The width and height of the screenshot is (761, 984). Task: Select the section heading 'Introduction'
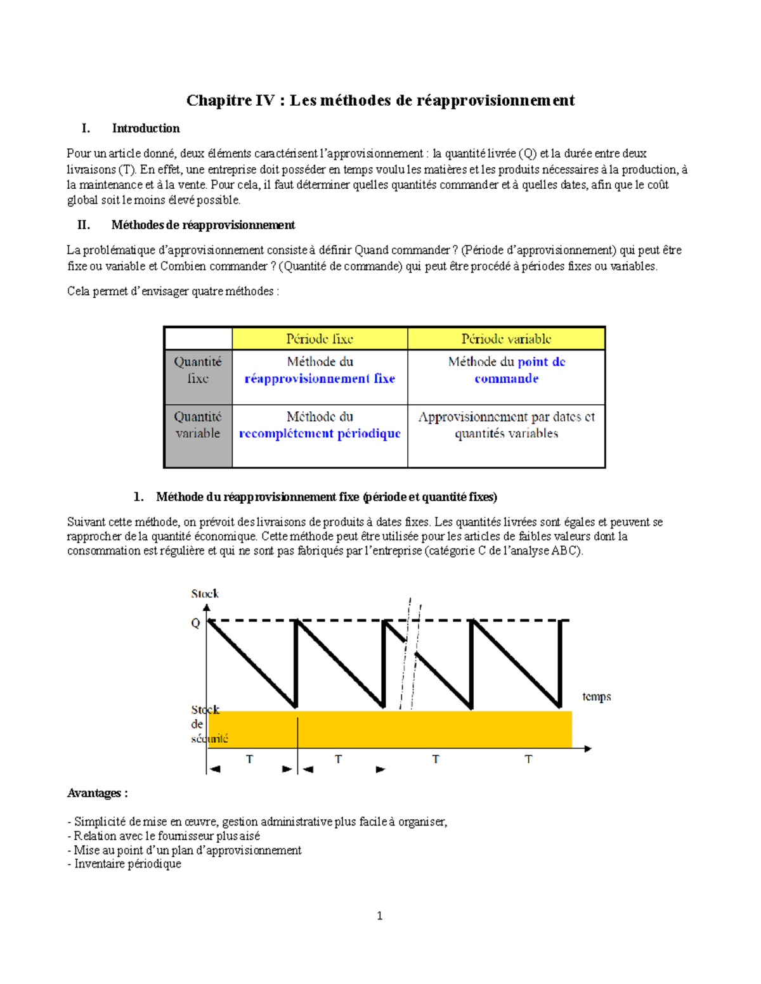146,129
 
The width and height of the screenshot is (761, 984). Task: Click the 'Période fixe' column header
320,339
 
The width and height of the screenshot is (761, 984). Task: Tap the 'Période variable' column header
506,339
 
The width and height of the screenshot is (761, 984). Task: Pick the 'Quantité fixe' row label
198,370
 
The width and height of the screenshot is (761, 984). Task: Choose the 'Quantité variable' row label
198,425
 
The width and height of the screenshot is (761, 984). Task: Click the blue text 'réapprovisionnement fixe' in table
320,379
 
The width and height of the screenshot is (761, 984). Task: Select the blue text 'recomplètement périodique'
320,434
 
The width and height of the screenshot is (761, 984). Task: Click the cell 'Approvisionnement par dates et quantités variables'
506,425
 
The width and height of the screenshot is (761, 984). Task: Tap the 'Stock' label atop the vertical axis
205,594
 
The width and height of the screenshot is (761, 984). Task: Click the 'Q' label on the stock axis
195,623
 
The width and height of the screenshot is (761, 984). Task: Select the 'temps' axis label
596,697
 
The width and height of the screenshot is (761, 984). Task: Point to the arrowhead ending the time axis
588,749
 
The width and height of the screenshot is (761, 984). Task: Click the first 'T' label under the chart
249,759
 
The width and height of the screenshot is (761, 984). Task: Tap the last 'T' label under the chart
528,759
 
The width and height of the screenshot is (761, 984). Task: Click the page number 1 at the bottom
379,916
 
